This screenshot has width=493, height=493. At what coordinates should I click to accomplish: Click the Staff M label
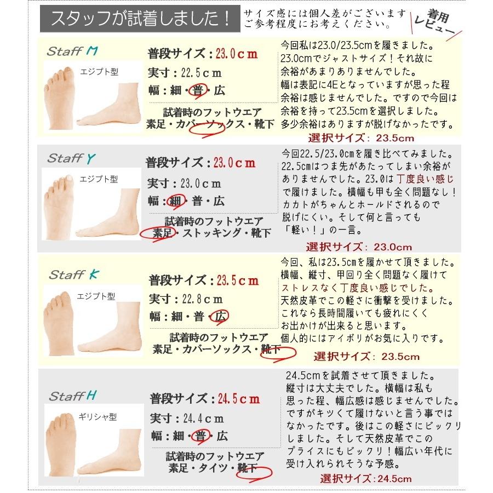click(x=71, y=53)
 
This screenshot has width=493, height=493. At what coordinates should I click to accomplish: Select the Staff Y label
click(x=71, y=158)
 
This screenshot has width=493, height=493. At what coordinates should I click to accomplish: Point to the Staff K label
click(x=72, y=275)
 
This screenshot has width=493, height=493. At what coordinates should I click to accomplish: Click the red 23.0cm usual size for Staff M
click(x=236, y=54)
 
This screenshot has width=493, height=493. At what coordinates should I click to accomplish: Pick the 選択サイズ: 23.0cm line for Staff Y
click(x=359, y=247)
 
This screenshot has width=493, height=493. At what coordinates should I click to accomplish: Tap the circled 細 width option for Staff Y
click(x=176, y=201)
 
